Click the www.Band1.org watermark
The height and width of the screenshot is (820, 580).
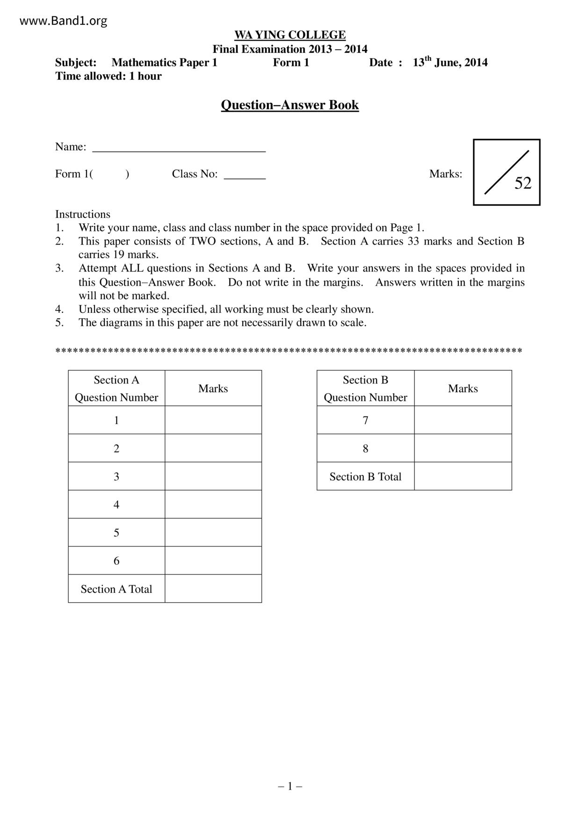tap(64, 21)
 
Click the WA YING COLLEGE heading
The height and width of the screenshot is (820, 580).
tap(290, 35)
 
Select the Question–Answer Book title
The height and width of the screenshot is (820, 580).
tap(290, 105)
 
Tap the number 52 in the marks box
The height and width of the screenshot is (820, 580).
tap(523, 183)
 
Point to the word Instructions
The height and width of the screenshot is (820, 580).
tap(83, 214)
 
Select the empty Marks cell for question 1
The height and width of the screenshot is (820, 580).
tap(213, 420)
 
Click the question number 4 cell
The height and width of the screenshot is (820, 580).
tap(116, 504)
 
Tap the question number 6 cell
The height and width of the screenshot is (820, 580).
tap(116, 561)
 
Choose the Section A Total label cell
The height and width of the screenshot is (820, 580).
tap(116, 589)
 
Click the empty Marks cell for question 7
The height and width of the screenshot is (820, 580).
tap(463, 420)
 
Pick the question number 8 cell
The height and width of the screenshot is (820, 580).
tap(365, 448)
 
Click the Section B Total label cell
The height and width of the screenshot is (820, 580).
tap(365, 476)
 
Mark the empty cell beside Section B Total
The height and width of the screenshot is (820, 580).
tap(463, 476)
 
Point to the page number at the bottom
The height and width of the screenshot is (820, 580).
tap(290, 786)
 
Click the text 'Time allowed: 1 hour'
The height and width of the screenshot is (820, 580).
tap(109, 76)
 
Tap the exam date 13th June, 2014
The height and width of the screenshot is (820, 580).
tap(450, 63)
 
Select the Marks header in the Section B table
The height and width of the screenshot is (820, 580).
tap(463, 388)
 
